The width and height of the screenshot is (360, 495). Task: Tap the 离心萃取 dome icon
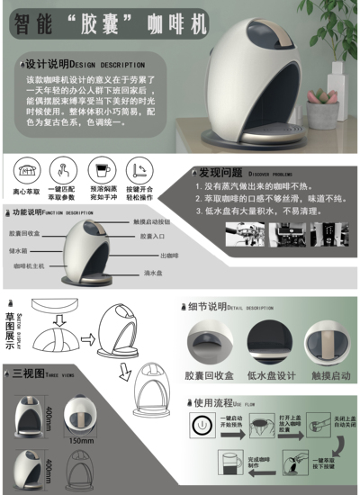[x=25, y=170]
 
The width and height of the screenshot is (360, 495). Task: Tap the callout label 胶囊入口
[x=152, y=237]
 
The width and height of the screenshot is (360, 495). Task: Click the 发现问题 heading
[x=220, y=173]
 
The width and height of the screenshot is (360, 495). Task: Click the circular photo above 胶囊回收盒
[x=207, y=342]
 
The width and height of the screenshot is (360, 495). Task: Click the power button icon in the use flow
[x=203, y=422]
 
